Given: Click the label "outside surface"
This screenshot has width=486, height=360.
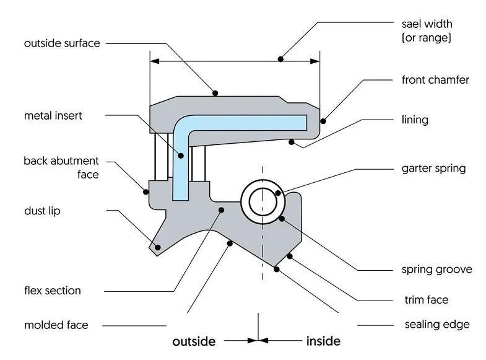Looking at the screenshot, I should tap(62, 43).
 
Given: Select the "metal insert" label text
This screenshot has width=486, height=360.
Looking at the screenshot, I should tap(53, 115).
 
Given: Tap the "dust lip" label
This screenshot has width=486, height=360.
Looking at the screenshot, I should tap(42, 211).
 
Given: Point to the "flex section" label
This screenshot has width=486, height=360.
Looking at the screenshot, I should tap(53, 290).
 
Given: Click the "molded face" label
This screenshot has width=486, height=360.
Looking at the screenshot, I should tap(56, 325).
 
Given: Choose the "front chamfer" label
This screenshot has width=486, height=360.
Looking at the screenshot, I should tap(435, 80).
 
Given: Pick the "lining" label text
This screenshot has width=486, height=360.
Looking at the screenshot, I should tap(415, 119).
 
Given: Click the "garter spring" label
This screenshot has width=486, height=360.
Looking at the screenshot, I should tap(433, 168).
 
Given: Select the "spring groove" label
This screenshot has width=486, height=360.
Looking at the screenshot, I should tap(436, 269).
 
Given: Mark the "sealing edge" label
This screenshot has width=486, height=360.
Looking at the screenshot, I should tap(436, 324).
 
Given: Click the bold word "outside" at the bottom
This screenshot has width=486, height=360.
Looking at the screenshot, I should tap(194, 341).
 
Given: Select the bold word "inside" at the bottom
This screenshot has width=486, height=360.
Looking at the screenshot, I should tap(323, 341).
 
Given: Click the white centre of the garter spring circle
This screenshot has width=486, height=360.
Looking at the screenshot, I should tap(263, 201).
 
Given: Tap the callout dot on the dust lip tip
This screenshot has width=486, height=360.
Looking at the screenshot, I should tap(158, 247).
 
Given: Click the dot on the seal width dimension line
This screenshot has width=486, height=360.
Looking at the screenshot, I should tap(281, 59).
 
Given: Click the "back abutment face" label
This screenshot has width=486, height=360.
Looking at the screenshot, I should tap(61, 168).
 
